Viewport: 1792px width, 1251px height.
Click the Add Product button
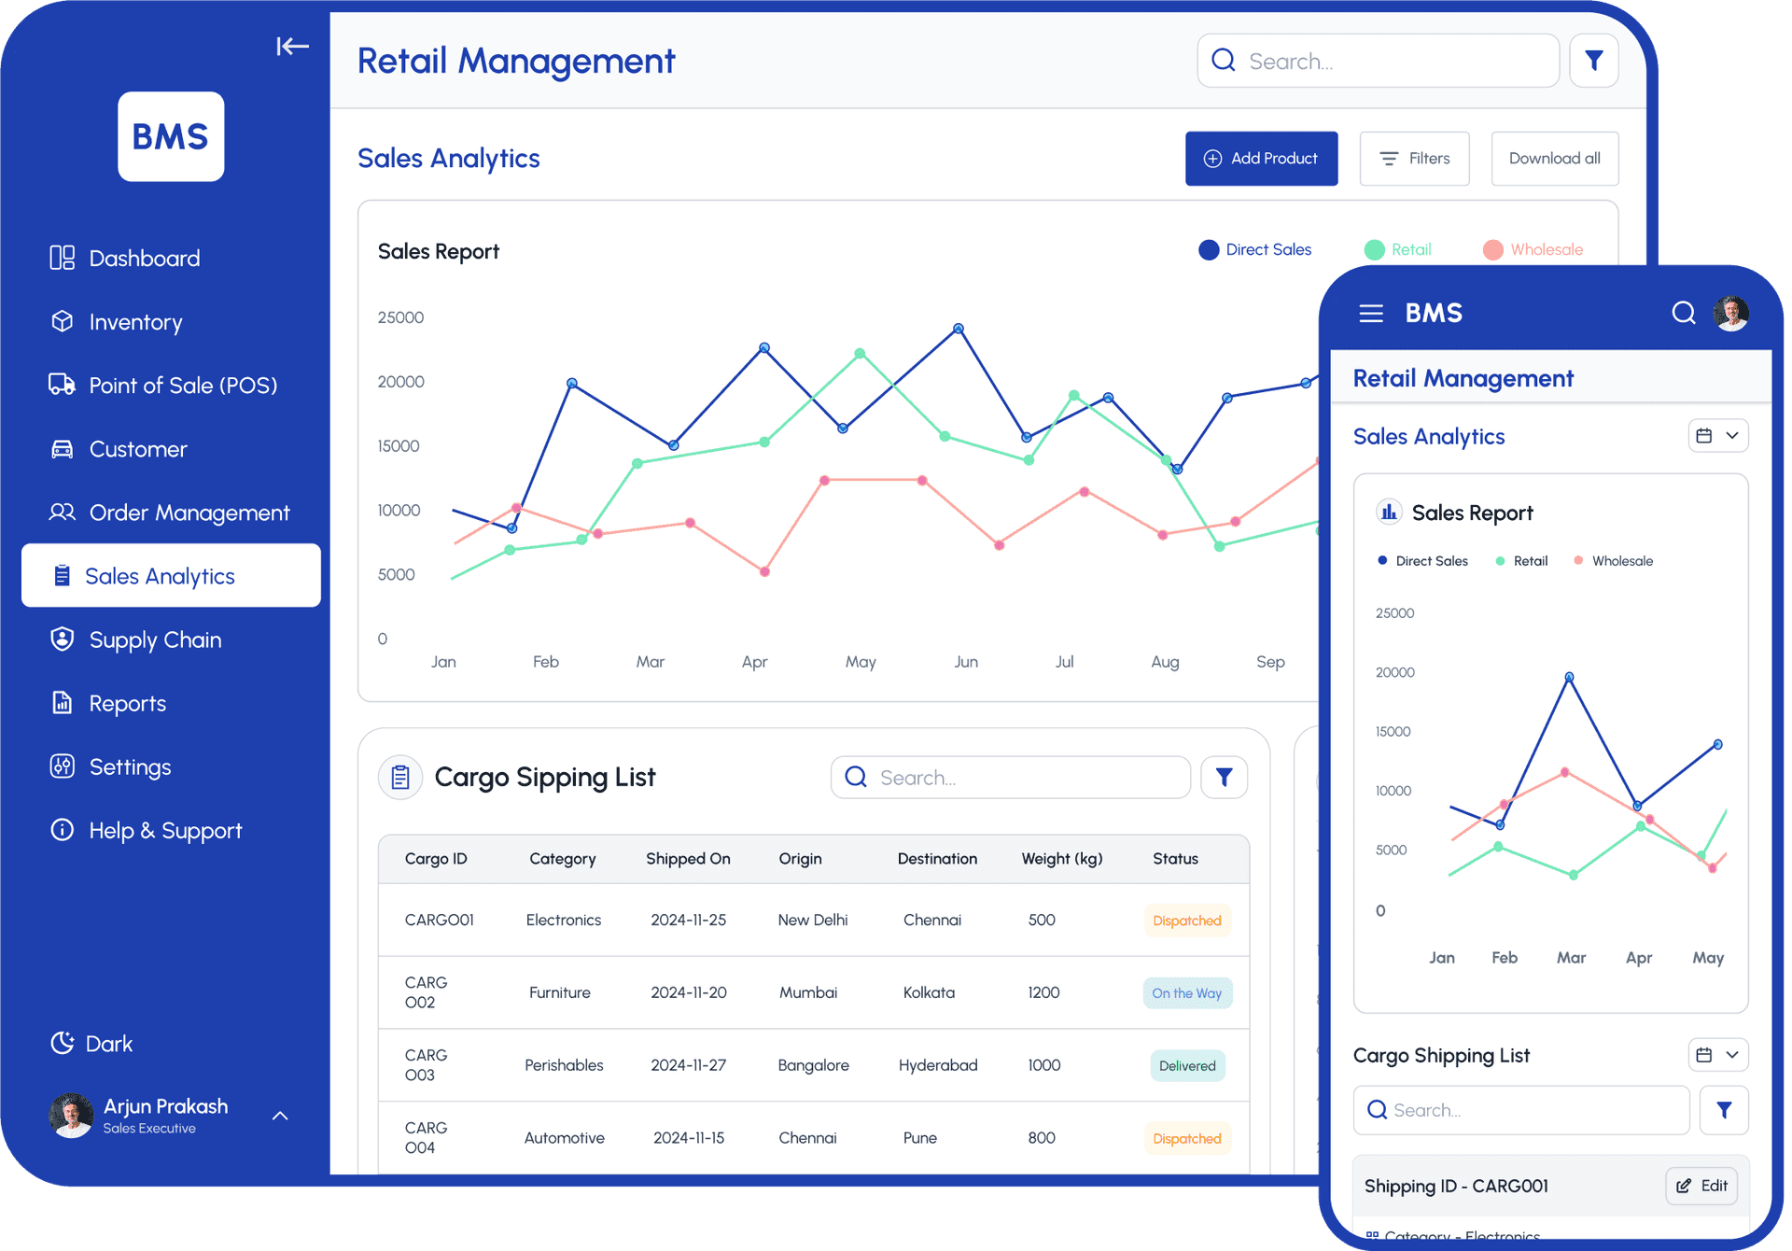coord(1261,159)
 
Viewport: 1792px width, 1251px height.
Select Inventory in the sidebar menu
coord(135,322)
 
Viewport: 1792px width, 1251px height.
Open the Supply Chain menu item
coord(155,640)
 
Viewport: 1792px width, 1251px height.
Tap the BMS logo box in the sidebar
coord(171,136)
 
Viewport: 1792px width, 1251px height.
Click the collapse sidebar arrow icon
coord(292,46)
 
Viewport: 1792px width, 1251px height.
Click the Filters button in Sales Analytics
coord(1414,159)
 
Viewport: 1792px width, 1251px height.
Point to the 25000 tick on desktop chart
coord(400,317)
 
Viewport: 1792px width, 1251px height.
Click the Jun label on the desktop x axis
coord(966,662)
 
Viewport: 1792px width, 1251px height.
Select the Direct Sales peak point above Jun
coord(959,329)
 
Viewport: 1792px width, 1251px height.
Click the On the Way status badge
coord(1186,993)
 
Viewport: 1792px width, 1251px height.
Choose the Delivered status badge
coord(1186,1066)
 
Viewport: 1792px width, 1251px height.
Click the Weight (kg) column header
coord(1062,859)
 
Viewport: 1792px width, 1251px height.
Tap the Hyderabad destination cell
coord(938,1065)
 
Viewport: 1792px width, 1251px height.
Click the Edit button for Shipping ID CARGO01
coord(1702,1186)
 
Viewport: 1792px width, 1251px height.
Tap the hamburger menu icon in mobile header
coord(1371,314)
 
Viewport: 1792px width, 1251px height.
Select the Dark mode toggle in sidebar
coord(92,1044)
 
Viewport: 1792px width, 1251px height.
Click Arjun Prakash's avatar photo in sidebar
coord(71,1116)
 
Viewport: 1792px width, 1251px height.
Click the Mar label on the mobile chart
coord(1571,958)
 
